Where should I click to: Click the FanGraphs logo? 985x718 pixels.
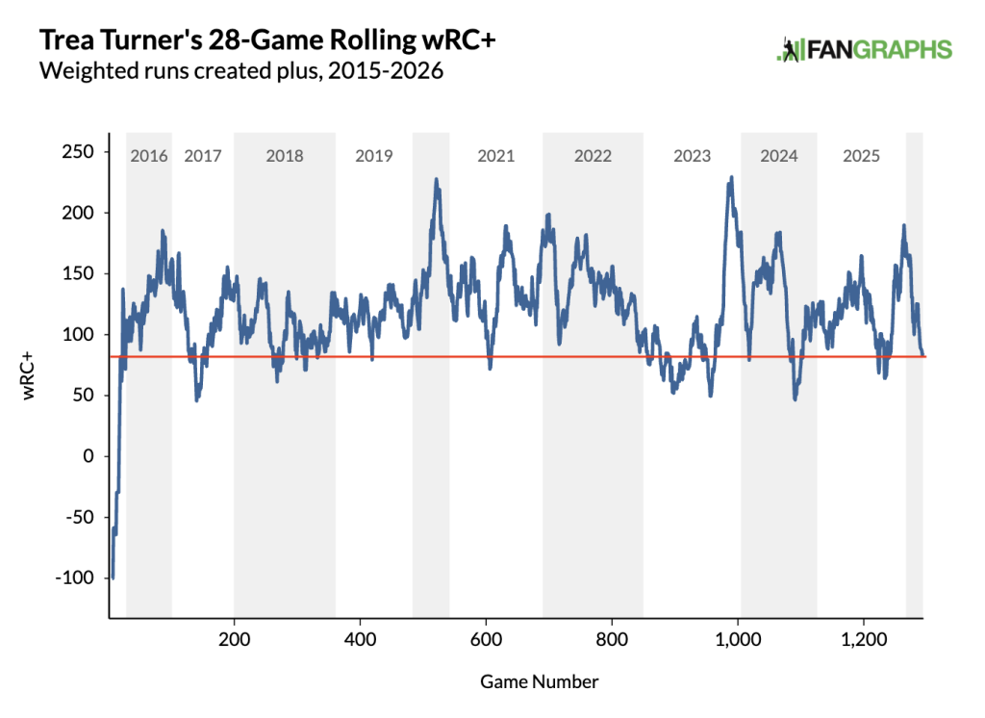point(864,50)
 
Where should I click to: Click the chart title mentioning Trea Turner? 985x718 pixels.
point(259,40)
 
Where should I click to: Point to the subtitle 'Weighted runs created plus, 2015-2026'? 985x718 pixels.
point(240,71)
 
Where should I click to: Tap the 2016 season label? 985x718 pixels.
point(149,156)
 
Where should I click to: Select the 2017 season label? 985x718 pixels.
point(202,156)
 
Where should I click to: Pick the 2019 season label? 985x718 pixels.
point(373,156)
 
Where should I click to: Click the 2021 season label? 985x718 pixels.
point(495,156)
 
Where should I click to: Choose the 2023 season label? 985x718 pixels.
point(692,156)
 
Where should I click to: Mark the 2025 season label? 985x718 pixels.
point(861,156)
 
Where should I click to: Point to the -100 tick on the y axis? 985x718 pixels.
point(76,577)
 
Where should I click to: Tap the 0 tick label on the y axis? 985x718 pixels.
point(88,456)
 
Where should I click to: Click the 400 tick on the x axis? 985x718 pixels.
point(360,640)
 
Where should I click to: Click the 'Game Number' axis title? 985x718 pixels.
point(539,681)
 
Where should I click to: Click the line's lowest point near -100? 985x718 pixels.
point(113,577)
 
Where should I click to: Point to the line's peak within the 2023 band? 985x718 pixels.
point(732,177)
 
